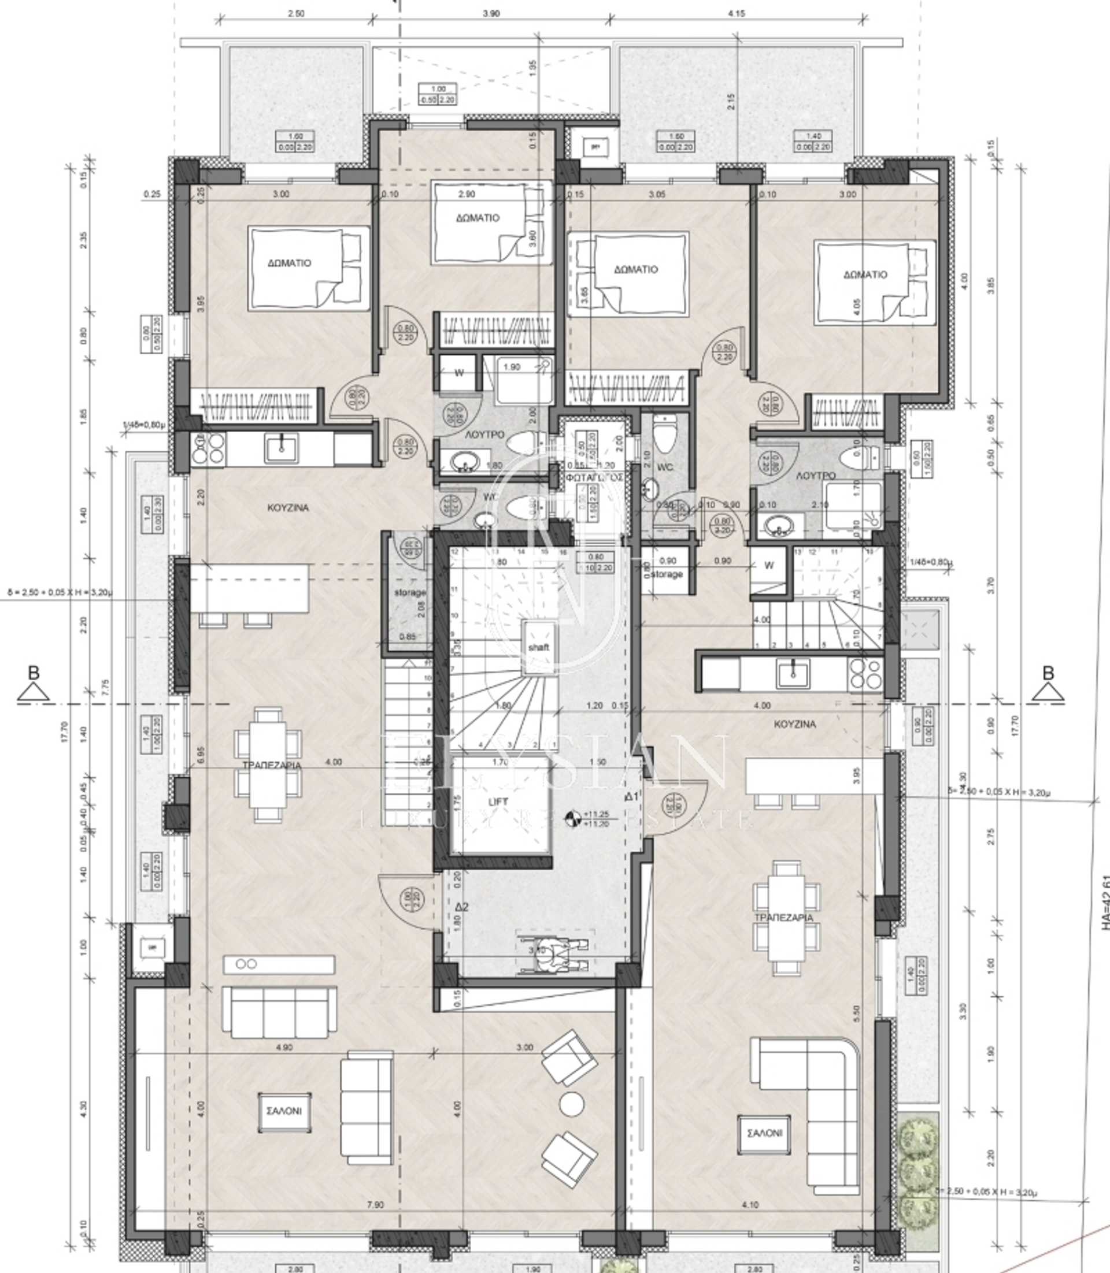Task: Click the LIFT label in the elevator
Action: click(498, 801)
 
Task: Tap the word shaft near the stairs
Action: click(538, 647)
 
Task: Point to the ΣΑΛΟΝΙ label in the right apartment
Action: click(764, 1133)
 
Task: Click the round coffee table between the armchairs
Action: click(571, 1103)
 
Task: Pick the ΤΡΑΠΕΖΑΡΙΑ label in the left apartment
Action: click(271, 765)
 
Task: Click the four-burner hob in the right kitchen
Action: click(865, 674)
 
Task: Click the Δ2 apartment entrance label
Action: click(462, 907)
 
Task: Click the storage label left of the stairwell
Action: click(410, 592)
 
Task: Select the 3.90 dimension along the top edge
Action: click(491, 14)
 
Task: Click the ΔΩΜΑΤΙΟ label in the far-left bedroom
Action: click(289, 263)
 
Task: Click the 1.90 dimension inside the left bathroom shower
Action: click(512, 367)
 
